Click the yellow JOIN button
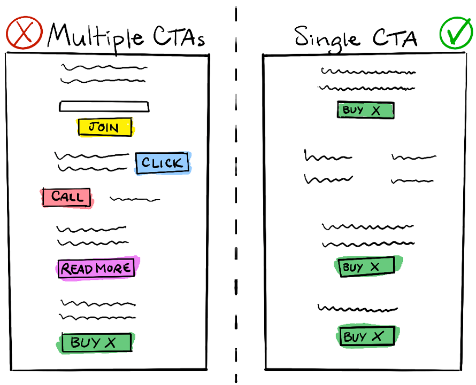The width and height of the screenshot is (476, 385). (105, 127)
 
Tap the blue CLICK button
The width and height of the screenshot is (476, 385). (163, 163)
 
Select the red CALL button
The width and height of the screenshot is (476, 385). (67, 198)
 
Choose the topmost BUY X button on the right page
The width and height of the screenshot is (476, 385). (366, 110)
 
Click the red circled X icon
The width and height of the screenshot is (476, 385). (24, 33)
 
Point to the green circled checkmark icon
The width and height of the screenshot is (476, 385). (456, 33)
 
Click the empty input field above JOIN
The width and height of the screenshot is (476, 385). (104, 106)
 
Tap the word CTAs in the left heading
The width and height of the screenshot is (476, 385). (179, 36)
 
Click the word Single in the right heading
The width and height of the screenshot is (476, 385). (327, 39)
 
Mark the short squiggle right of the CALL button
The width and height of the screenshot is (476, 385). (135, 199)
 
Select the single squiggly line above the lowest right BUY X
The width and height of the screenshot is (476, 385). (358, 309)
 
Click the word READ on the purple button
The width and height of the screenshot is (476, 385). (77, 269)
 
